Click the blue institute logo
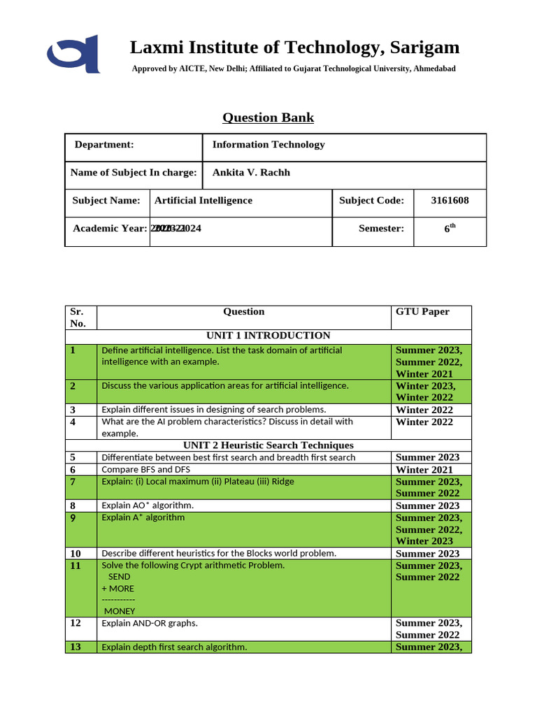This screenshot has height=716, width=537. point(73,54)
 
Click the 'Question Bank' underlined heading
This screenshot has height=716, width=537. point(268,117)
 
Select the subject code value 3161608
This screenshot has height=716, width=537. point(450,201)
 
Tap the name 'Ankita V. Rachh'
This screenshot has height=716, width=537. point(250,173)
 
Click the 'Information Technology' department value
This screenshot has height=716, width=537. point(268,145)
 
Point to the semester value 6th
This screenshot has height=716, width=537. point(450,228)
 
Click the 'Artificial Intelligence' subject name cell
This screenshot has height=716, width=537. point(203,201)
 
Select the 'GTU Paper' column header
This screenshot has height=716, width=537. point(422,312)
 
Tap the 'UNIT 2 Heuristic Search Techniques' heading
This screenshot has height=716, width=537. point(268,445)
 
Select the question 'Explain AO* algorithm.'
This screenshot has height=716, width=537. point(148,506)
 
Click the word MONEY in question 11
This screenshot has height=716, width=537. point(120,611)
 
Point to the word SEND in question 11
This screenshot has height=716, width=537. point(120,577)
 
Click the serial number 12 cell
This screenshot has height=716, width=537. point(76,623)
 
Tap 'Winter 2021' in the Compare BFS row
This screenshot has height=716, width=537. point(424,470)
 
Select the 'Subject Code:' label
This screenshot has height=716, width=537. point(371,201)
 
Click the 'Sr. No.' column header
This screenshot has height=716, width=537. point(78,317)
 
